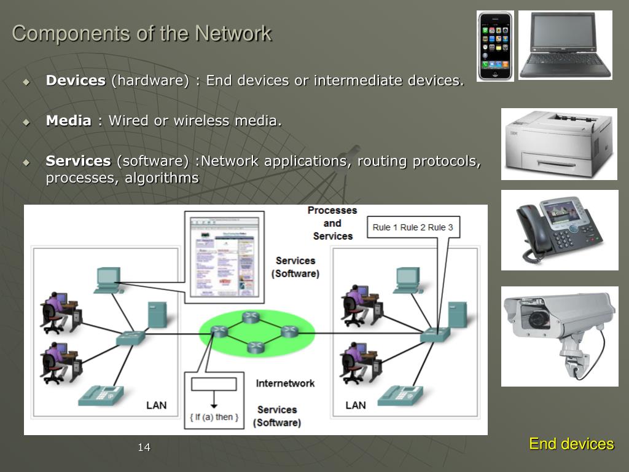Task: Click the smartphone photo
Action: coord(495,46)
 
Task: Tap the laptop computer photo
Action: coord(565,45)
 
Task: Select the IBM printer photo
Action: coord(559,144)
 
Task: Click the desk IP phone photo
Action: coord(559,230)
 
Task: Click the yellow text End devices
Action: coord(571,444)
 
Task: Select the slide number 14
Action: coord(144,447)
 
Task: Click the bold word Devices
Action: coord(76,81)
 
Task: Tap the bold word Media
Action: coord(68,120)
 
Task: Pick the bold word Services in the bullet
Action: coord(78,161)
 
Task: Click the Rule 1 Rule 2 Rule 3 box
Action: coord(413,227)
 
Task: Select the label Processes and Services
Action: coord(332,223)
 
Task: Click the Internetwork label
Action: coord(285,383)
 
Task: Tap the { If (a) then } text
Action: coord(214,417)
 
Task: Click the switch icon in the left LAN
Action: coord(130,337)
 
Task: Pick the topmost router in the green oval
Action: coord(251,317)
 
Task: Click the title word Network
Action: coord(233,33)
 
